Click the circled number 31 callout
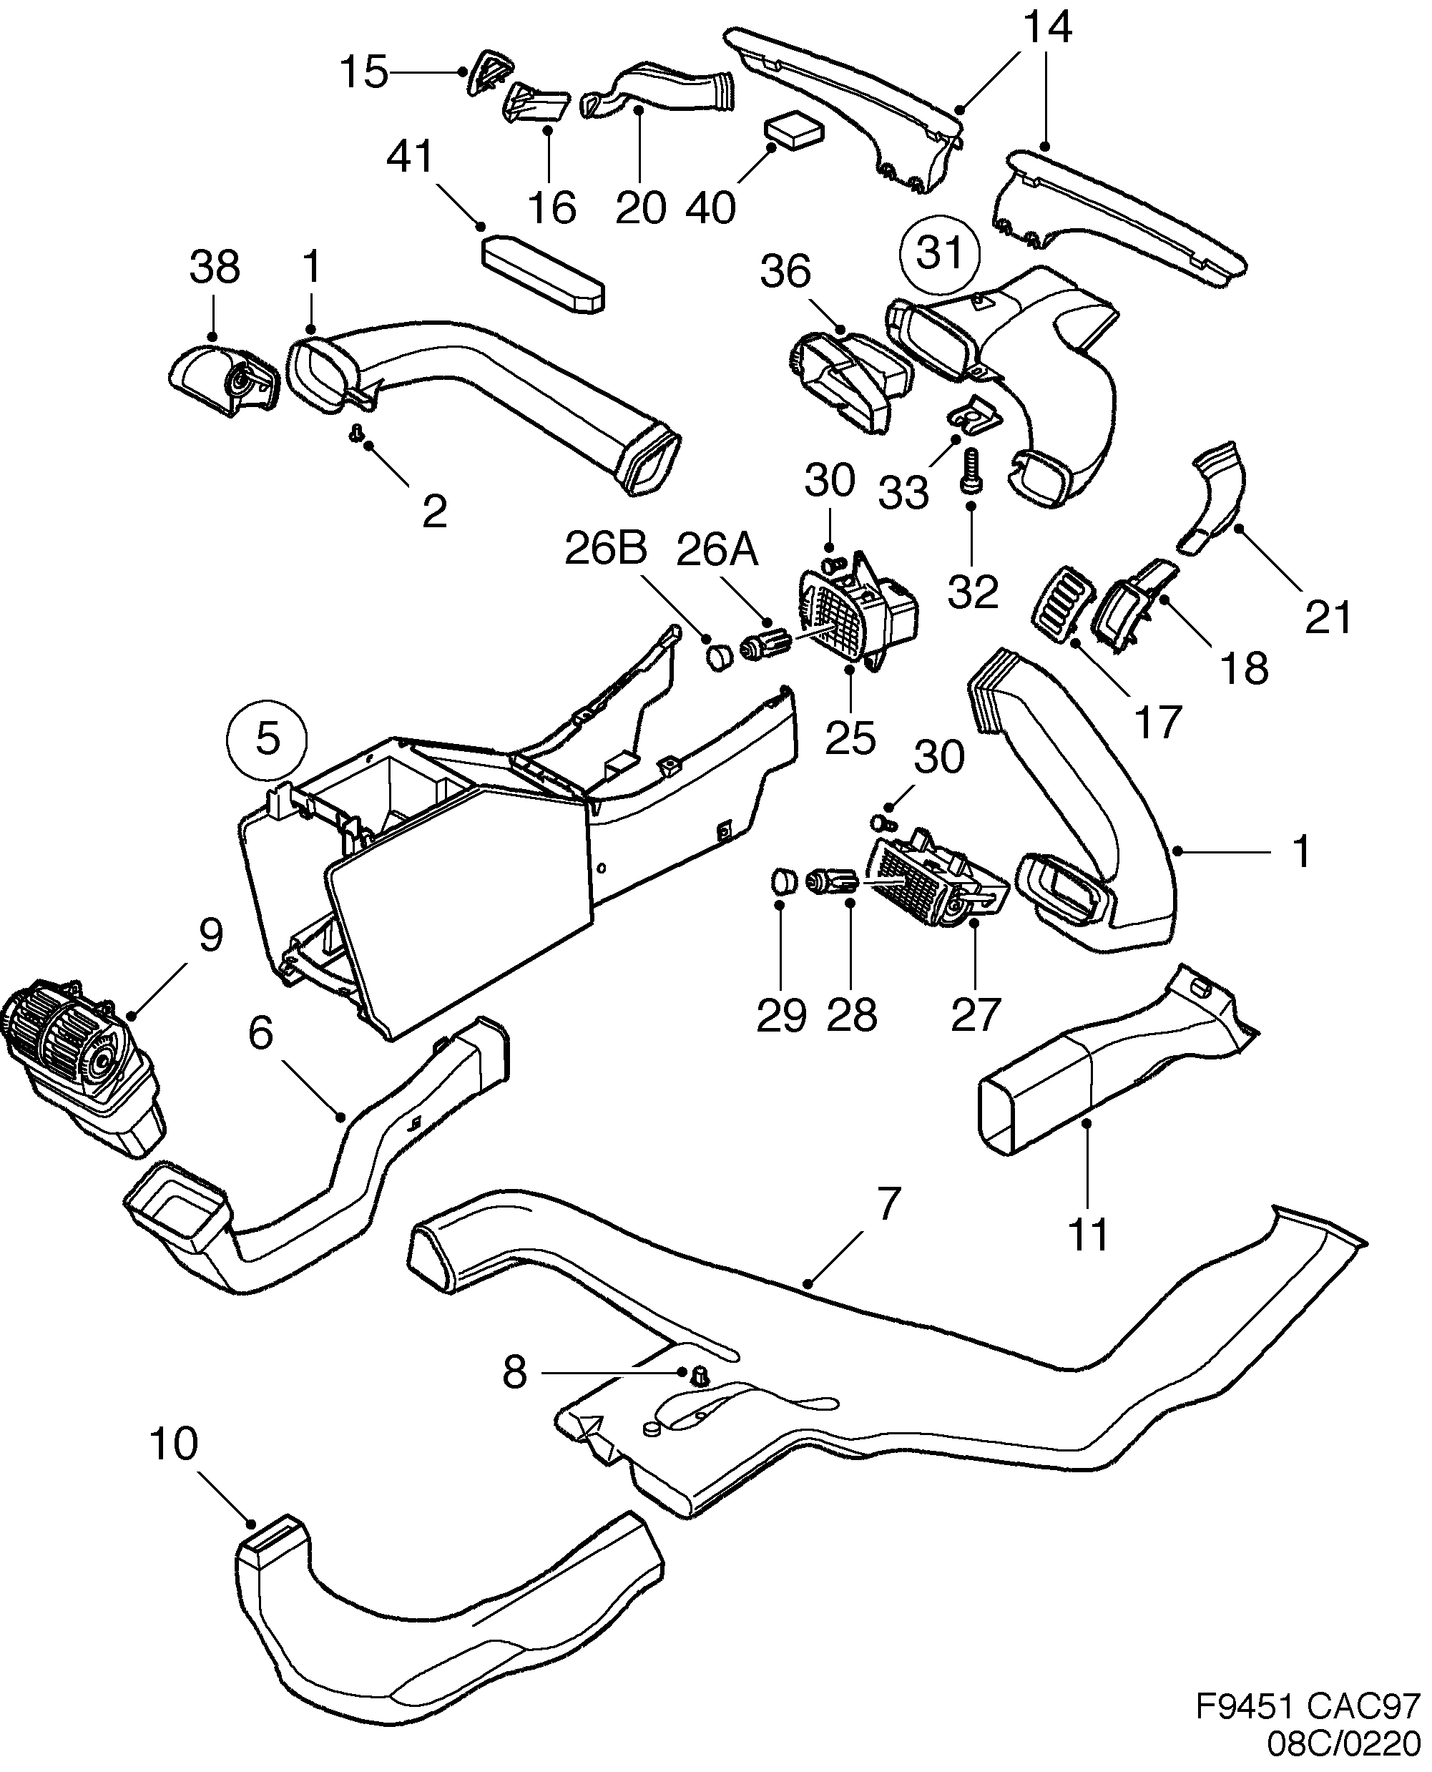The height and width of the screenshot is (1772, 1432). tap(940, 253)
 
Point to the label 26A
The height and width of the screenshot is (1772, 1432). tap(716, 550)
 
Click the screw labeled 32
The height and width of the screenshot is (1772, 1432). tap(971, 470)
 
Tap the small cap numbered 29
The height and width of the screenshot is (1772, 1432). tap(785, 880)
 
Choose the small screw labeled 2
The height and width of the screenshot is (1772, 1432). tap(357, 433)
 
